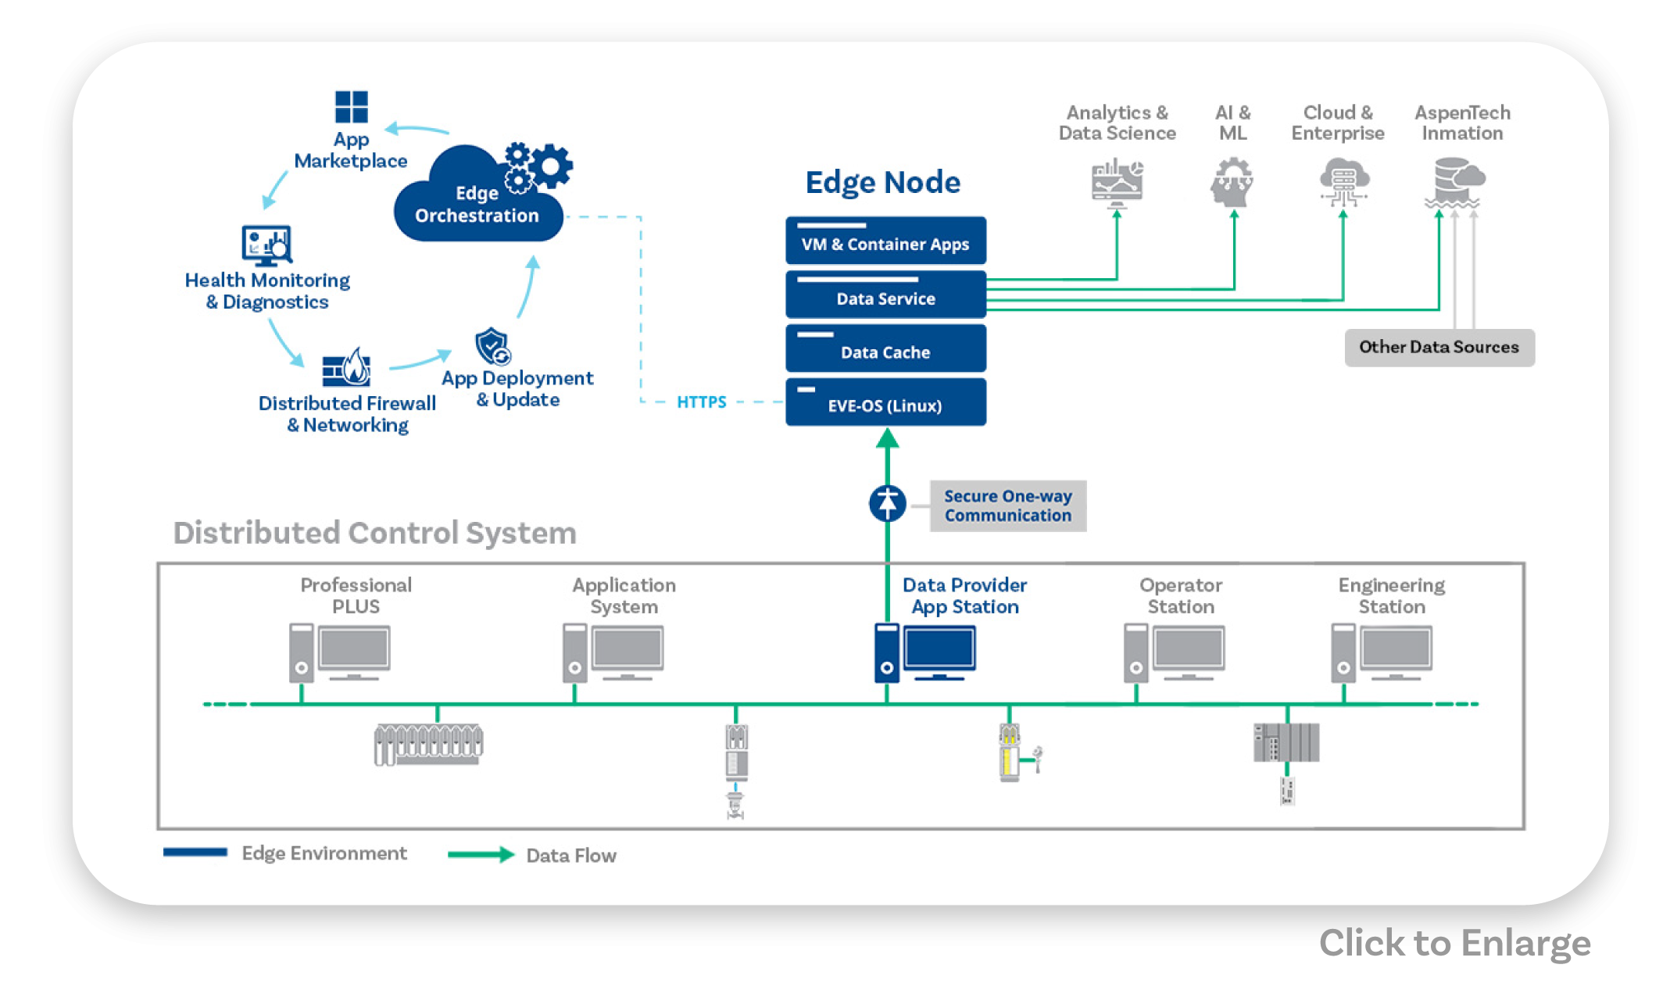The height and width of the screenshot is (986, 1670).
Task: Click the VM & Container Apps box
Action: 885,241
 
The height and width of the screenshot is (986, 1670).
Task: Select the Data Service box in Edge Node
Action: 885,295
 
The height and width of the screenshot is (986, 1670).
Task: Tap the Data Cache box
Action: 885,348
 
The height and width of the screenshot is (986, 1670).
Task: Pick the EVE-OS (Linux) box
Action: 885,402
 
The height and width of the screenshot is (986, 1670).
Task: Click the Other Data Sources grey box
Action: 1439,347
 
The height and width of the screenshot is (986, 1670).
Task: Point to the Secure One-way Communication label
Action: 1007,506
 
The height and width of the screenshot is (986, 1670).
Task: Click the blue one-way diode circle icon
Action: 887,503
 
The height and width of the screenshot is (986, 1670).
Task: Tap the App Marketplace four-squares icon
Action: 351,107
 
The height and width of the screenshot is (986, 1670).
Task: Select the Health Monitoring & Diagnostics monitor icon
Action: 266,245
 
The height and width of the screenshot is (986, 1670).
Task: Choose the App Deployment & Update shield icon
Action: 492,346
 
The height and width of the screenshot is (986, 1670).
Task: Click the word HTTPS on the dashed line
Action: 701,402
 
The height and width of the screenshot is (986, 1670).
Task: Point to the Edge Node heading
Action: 883,182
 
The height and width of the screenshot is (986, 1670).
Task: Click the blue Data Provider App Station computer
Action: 925,652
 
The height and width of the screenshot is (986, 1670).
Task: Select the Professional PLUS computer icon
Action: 339,652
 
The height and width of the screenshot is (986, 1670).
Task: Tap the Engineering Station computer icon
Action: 1382,652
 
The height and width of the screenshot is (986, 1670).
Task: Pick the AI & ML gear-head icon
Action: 1232,182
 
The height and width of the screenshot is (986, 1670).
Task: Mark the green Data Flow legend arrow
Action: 481,855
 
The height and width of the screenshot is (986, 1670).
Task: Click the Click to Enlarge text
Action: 1454,943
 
